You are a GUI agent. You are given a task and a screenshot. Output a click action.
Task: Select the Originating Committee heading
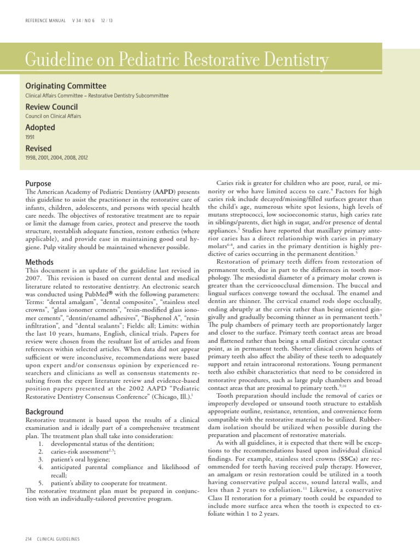click(66, 86)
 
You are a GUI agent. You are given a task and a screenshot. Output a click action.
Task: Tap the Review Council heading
click(51, 107)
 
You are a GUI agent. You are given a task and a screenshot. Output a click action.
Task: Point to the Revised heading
click(38, 148)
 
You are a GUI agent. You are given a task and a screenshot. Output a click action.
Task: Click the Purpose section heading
click(38, 184)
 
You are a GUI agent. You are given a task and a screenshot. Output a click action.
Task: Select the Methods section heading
click(39, 262)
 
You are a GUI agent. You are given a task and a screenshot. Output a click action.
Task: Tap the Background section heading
click(44, 411)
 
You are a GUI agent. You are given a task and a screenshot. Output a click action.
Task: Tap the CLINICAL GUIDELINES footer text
click(58, 539)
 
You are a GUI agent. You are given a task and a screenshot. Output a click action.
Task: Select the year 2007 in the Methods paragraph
click(34, 278)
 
